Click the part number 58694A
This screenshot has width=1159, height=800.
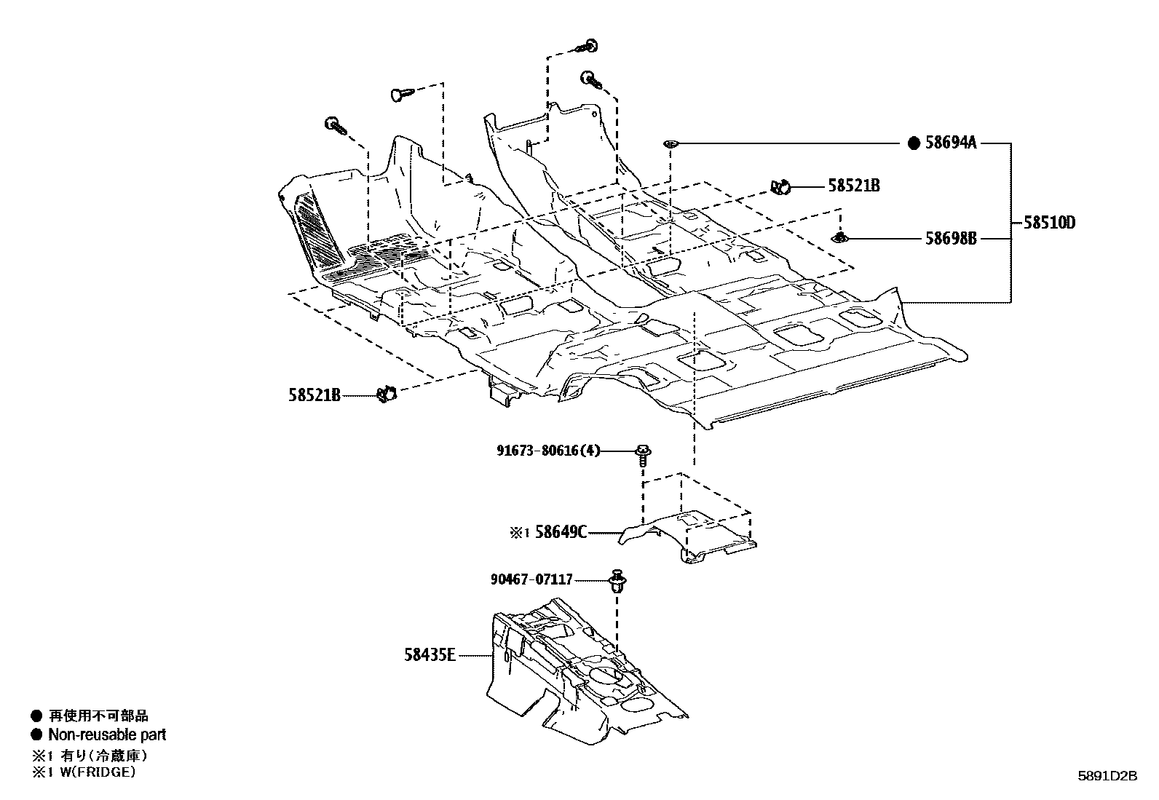tap(950, 143)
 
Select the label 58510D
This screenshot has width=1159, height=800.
tap(1049, 223)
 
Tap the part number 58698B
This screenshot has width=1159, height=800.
tap(950, 238)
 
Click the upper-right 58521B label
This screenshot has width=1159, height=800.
tap(853, 186)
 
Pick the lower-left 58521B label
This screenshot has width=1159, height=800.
tap(314, 395)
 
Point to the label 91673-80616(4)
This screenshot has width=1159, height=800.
tap(549, 451)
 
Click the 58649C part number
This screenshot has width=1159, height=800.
tap(561, 532)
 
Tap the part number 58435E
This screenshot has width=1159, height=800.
tap(430, 655)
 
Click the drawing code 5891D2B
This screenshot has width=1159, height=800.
tap(1107, 776)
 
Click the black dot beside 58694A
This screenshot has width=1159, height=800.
tap(914, 143)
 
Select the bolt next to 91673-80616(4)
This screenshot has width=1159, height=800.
tap(643, 455)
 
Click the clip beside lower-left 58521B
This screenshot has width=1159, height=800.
tap(387, 394)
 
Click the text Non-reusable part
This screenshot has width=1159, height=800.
tap(107, 734)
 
